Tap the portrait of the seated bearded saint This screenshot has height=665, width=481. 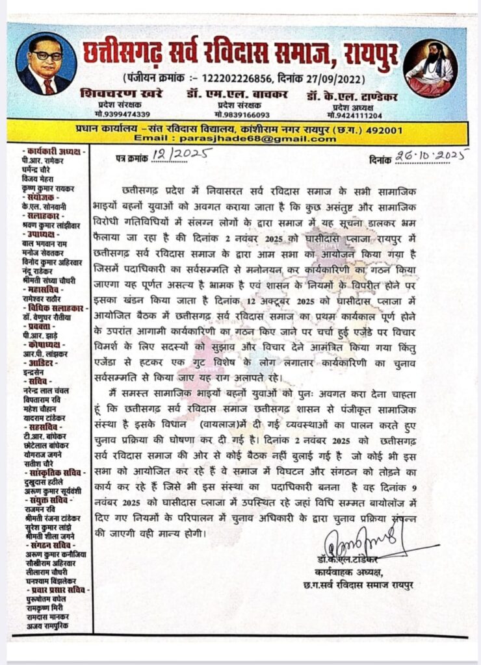[430, 68]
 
